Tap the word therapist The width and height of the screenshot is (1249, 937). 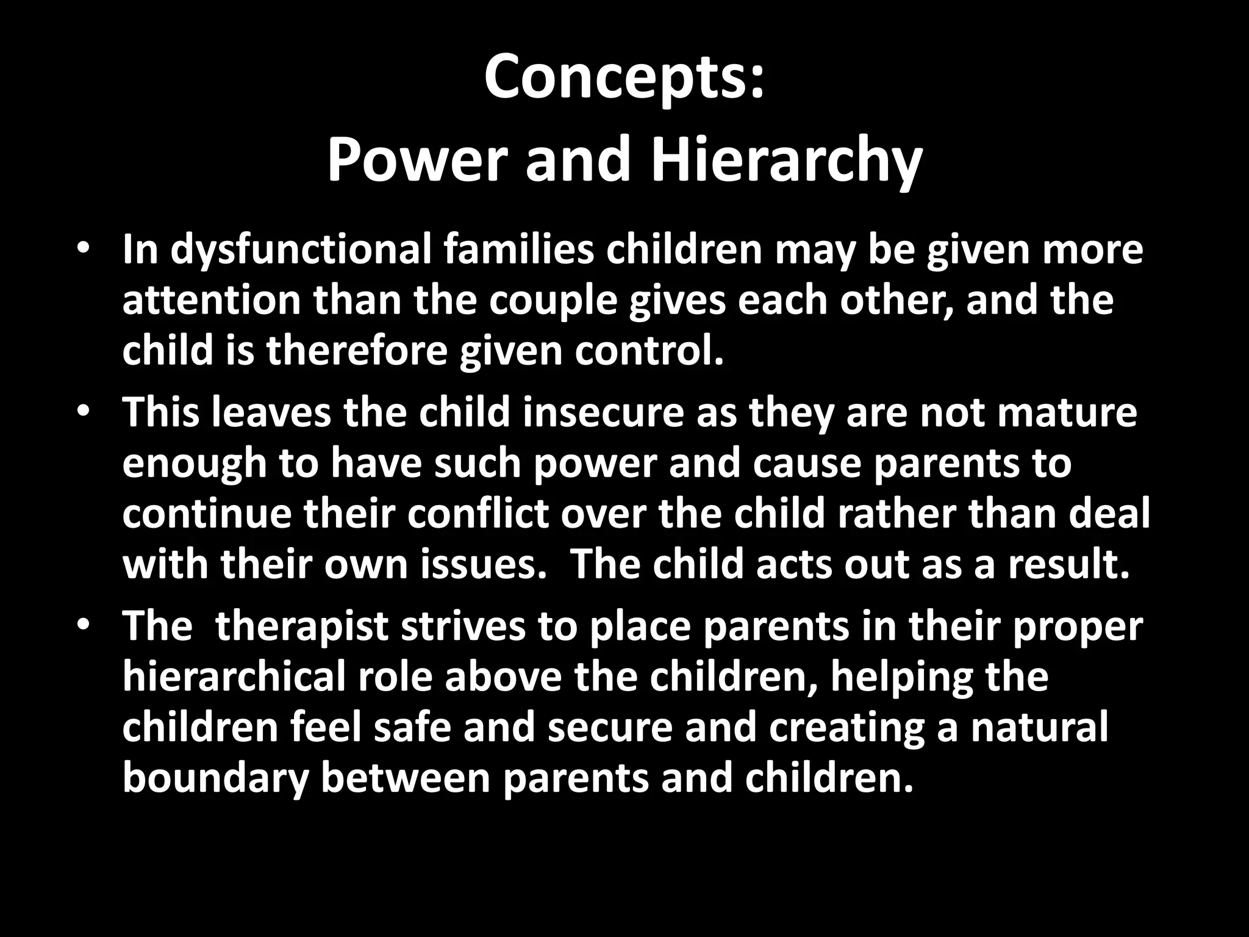click(x=302, y=627)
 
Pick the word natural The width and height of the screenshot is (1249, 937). click(x=1039, y=728)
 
